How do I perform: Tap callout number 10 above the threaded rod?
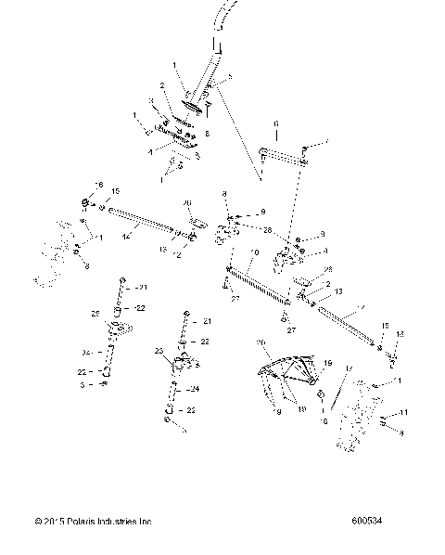point(253,252)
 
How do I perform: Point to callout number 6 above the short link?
point(275,123)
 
